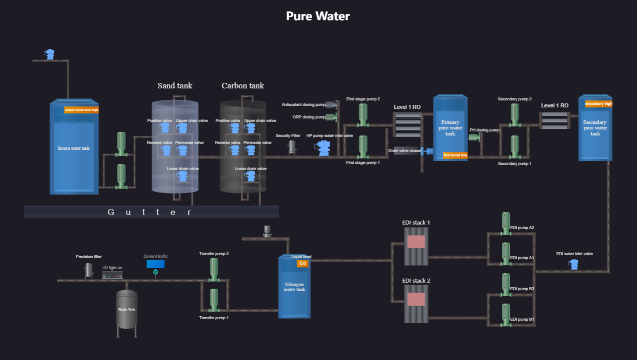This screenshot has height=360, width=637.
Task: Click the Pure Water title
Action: [318, 16]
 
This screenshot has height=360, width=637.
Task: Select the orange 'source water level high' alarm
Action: [81, 110]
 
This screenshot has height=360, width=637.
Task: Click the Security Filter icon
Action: [292, 147]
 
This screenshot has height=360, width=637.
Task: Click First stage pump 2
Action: [363, 115]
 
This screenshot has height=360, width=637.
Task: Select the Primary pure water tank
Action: [450, 128]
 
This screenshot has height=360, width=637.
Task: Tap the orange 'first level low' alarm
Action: [455, 155]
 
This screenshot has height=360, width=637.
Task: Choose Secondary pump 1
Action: [515, 146]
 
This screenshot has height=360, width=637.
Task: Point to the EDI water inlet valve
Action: [574, 264]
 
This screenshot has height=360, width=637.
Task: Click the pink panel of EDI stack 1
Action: [416, 242]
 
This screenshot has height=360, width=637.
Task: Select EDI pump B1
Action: [506, 315]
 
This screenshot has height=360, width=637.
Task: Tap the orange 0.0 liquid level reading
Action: [302, 263]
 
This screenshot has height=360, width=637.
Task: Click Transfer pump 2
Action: [214, 269]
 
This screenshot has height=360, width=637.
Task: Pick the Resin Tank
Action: [127, 309]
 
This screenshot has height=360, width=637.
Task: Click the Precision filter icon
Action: [89, 270]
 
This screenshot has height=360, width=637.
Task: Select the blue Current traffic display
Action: [155, 264]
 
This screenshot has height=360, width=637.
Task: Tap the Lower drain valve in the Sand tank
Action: [183, 176]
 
